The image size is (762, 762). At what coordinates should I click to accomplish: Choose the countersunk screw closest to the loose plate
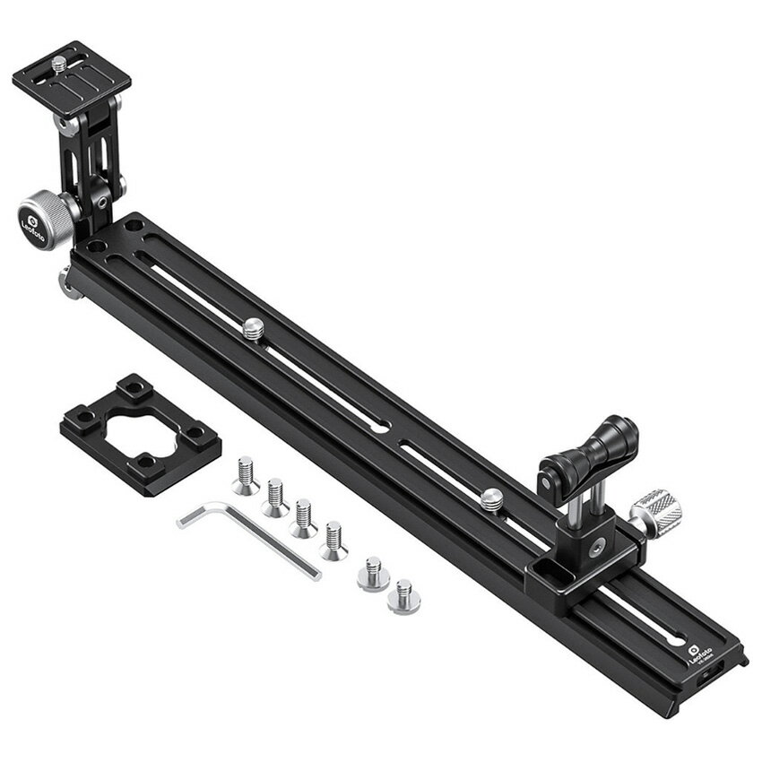click(245, 475)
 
